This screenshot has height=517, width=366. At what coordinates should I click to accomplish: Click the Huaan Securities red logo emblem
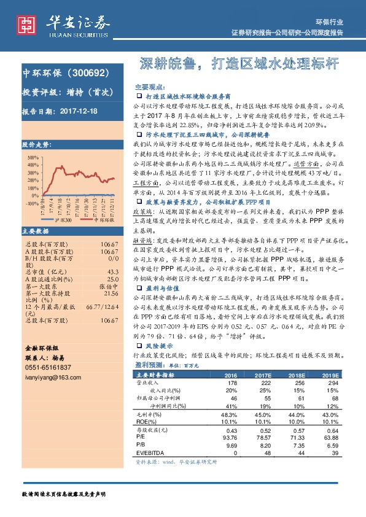(25, 24)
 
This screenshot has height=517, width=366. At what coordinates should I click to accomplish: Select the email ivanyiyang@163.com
(53, 376)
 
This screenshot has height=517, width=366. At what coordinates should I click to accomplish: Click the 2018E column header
(298, 375)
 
